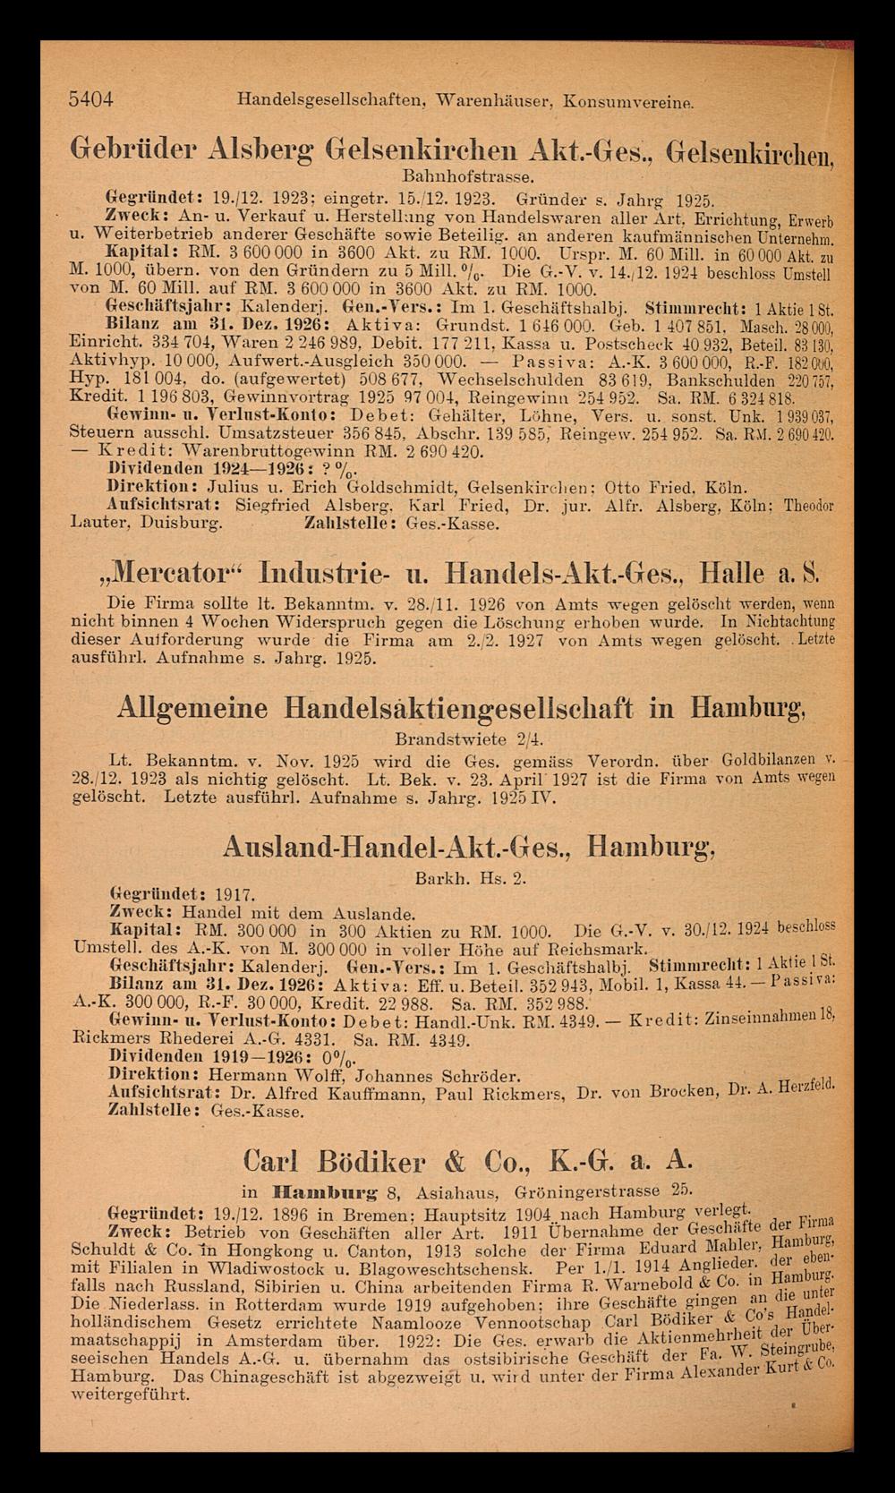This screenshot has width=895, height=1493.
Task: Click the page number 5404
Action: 90,100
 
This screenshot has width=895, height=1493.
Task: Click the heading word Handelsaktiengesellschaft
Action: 459,708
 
